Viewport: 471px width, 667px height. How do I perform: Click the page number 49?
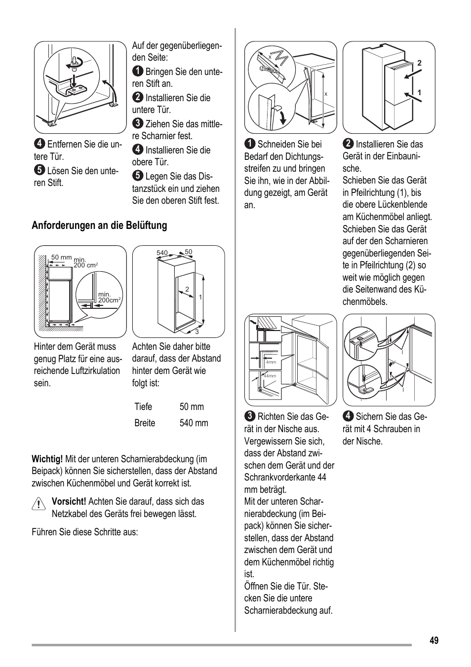click(433, 640)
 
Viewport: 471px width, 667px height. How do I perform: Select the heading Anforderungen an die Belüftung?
click(99, 225)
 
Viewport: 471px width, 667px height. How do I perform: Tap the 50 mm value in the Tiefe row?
click(192, 407)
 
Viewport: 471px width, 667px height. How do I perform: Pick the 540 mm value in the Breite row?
click(194, 423)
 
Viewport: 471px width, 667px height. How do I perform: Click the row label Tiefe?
click(143, 407)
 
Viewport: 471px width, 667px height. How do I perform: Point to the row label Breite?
click(145, 423)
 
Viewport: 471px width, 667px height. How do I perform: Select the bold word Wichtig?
click(47, 459)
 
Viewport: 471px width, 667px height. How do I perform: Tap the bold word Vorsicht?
click(69, 502)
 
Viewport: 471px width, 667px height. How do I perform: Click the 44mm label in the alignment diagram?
click(270, 376)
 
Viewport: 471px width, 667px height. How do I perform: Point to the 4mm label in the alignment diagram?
click(271, 363)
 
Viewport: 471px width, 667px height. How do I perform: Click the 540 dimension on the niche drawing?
click(162, 253)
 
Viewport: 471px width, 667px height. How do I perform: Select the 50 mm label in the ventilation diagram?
click(62, 258)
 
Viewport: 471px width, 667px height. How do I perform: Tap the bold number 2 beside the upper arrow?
click(419, 63)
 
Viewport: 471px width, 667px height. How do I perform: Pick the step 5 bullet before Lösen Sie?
click(39, 171)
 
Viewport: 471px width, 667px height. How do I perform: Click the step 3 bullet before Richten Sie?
click(250, 417)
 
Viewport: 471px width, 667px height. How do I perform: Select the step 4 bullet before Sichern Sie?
click(348, 417)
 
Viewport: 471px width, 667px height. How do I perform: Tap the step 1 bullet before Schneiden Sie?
click(250, 144)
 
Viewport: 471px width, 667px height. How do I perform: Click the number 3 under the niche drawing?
click(196, 332)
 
